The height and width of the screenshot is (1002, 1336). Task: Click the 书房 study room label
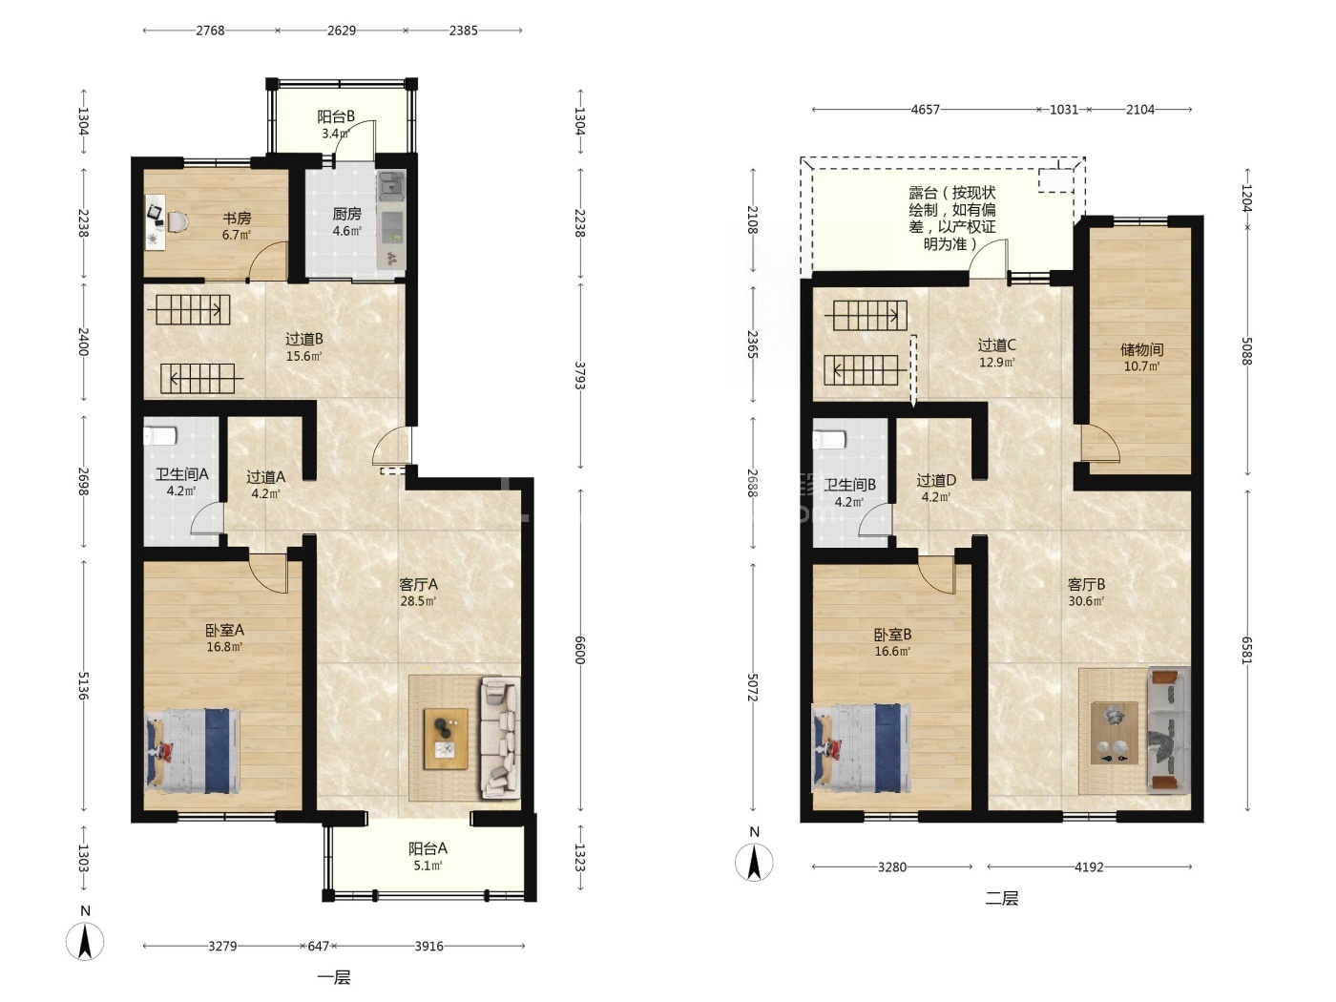pyautogui.click(x=237, y=218)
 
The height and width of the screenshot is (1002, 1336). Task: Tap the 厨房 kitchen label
pyautogui.click(x=347, y=214)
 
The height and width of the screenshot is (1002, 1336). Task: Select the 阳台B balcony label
pyautogui.click(x=335, y=116)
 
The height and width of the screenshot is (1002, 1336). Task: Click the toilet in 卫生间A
pyautogui.click(x=160, y=435)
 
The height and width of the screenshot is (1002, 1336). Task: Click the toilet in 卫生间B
pyautogui.click(x=829, y=439)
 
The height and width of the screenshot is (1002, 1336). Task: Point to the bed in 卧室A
pyautogui.click(x=193, y=751)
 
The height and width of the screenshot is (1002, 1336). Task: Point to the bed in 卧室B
pyautogui.click(x=862, y=748)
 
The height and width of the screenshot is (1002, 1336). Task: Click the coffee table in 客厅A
pyautogui.click(x=447, y=739)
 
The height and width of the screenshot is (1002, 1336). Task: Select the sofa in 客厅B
pyautogui.click(x=1169, y=729)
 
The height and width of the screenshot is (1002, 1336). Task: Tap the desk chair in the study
pyautogui.click(x=177, y=221)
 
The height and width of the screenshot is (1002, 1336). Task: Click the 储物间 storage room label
pyautogui.click(x=1142, y=349)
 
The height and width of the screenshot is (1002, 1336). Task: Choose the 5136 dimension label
pyautogui.click(x=84, y=685)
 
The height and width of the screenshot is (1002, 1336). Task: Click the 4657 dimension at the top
pyautogui.click(x=925, y=110)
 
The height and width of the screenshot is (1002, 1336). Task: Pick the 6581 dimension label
pyautogui.click(x=1246, y=651)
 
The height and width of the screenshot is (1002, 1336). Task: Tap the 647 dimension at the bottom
pyautogui.click(x=319, y=946)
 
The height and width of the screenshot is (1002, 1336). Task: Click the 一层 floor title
pyautogui.click(x=334, y=977)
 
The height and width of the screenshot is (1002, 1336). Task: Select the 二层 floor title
pyautogui.click(x=1002, y=898)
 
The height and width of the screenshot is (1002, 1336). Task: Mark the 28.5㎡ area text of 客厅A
pyautogui.click(x=418, y=602)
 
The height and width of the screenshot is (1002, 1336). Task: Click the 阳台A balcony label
pyautogui.click(x=428, y=848)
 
